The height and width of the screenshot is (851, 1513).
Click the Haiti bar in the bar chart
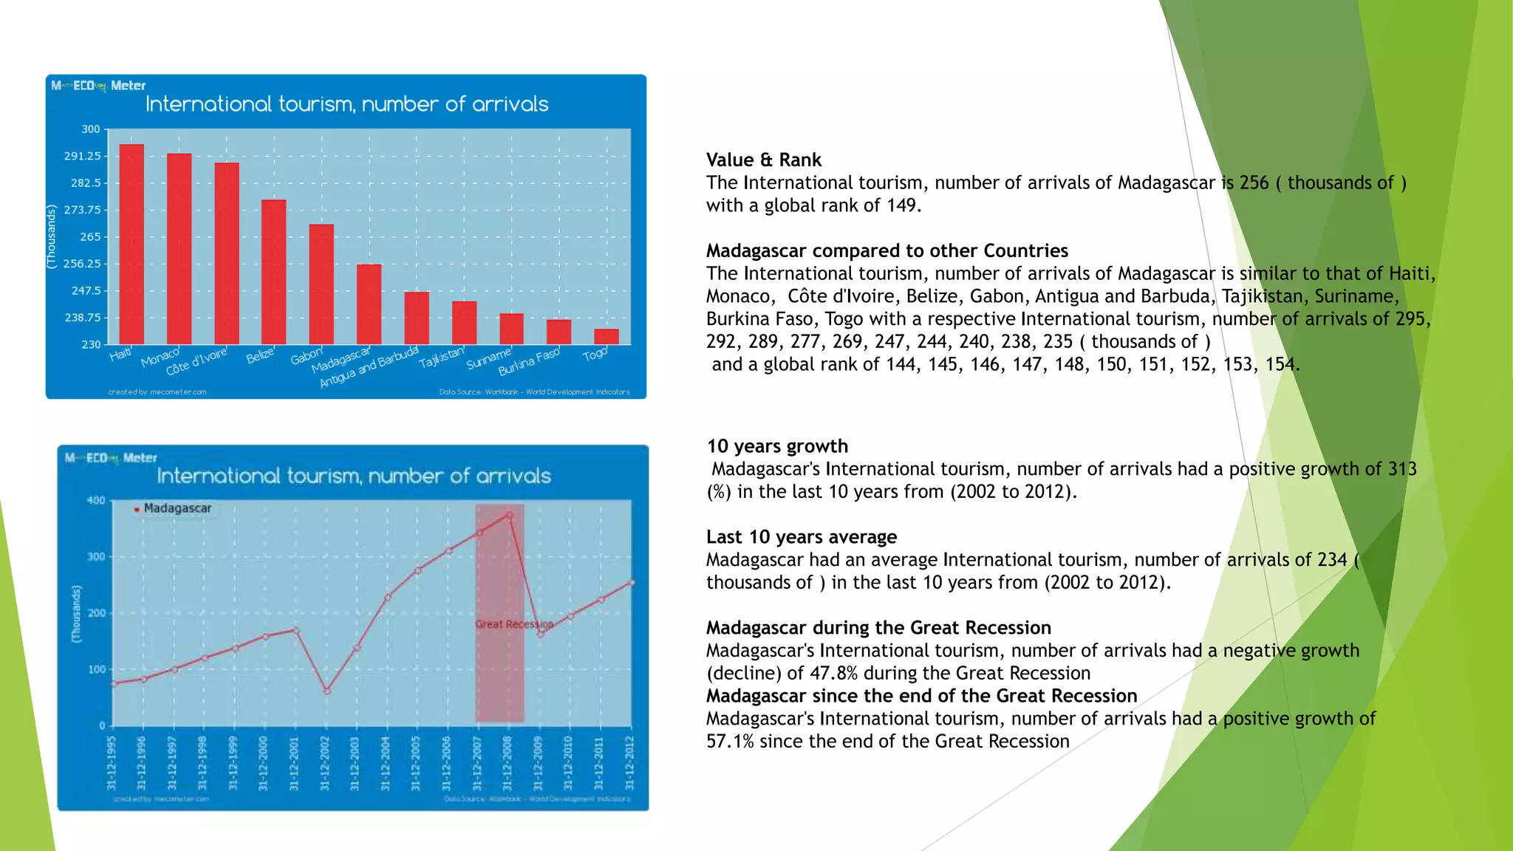point(132,244)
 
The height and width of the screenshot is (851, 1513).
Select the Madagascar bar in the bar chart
point(369,304)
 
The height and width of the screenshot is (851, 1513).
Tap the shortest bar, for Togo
point(607,337)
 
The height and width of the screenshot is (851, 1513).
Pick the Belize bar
point(274,272)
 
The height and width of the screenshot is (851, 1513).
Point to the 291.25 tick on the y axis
point(82,157)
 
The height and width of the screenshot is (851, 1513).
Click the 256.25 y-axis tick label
point(82,264)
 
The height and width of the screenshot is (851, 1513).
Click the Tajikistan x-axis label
point(441,358)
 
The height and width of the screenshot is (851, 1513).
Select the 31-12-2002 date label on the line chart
point(325,763)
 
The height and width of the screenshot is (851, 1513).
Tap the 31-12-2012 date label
point(629,763)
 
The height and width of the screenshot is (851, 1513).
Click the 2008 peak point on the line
point(510,515)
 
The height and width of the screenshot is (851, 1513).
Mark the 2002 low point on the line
point(327,691)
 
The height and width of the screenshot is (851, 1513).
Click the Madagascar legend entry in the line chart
point(177,508)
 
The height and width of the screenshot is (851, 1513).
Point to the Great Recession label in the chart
point(514,624)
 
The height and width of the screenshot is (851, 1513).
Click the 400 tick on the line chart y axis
point(96,501)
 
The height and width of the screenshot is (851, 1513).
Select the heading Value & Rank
point(763,160)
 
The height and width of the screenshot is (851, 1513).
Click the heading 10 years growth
point(777,446)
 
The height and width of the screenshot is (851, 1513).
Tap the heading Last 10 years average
point(801,537)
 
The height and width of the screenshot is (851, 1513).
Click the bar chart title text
point(346,104)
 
